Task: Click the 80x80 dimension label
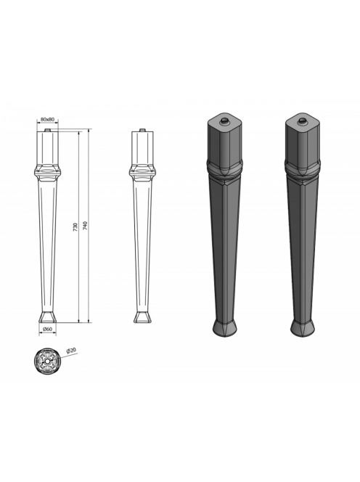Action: [x=47, y=119]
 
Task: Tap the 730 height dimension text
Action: [x=75, y=226]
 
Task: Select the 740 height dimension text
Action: [x=85, y=226]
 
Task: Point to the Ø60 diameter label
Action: [x=47, y=329]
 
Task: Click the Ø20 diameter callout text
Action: [x=71, y=351]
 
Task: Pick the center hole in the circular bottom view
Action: [x=46, y=361]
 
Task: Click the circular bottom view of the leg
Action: [x=46, y=361]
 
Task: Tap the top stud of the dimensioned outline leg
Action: [x=47, y=130]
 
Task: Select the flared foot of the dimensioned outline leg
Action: [x=48, y=317]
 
